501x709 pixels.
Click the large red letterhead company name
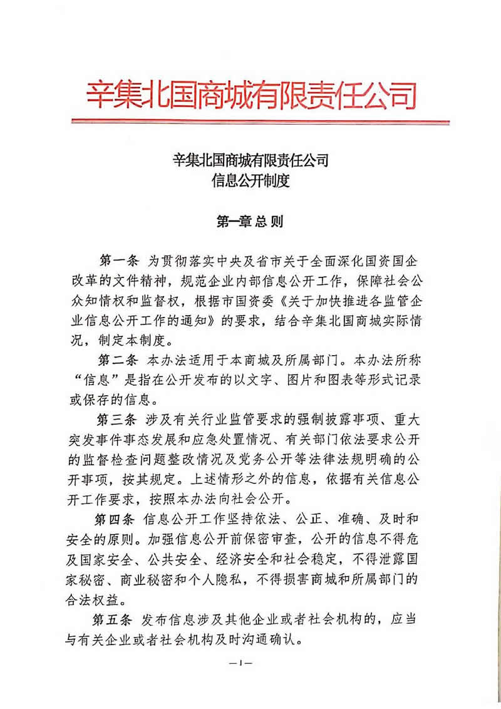250,95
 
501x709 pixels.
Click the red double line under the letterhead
250,122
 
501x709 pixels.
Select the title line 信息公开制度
250,182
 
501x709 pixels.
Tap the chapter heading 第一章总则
250,220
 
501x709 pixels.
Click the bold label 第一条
121,259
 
